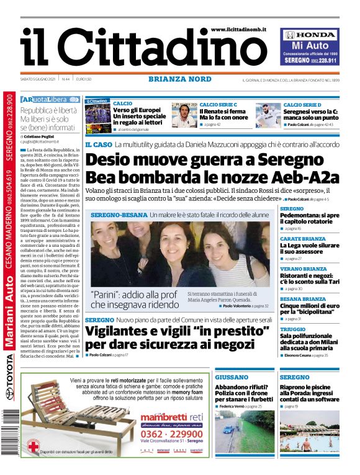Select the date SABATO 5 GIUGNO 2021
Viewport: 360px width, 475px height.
38,79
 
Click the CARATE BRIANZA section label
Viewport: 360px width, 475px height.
302,238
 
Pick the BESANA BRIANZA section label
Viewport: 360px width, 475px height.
304,298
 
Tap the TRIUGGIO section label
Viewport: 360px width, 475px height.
292,329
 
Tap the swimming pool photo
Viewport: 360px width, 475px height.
309,430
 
